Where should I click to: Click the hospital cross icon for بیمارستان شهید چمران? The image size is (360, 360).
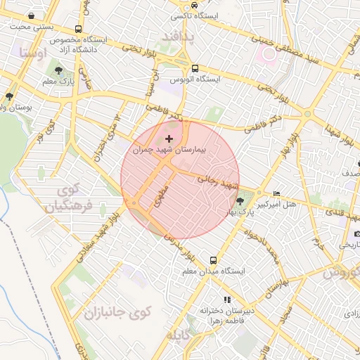click(x=169, y=139)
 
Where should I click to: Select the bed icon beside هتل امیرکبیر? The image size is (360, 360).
click(x=276, y=193)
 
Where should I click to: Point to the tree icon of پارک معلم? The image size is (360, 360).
click(x=58, y=71)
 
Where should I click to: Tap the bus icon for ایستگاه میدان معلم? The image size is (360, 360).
click(x=214, y=259)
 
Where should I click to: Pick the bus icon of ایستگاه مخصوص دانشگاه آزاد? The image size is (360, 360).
click(x=77, y=30)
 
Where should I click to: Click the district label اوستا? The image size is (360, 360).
click(x=34, y=53)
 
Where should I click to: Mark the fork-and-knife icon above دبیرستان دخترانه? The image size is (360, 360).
click(x=226, y=299)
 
